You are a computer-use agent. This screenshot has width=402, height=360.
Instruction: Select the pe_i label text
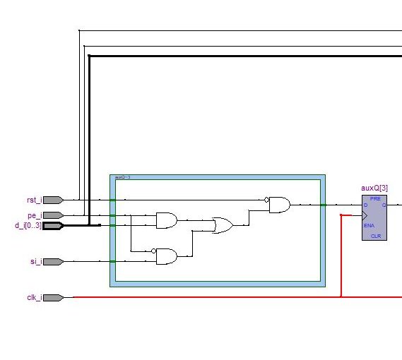pyautogui.click(x=34, y=215)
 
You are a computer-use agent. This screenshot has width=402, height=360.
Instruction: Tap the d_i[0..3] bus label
pyautogui.click(x=28, y=226)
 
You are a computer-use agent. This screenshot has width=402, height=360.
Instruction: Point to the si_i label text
pyautogui.click(x=35, y=261)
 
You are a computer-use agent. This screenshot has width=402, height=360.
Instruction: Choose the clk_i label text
pyautogui.click(x=33, y=297)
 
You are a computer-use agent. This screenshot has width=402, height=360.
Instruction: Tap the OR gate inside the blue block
pyautogui.click(x=223, y=226)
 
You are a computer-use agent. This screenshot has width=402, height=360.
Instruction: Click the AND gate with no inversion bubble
pyautogui.click(x=167, y=221)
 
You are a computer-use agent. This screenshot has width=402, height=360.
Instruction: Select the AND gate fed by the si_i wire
pyautogui.click(x=167, y=256)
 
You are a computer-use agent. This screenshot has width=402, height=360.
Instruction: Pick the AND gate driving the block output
pyautogui.click(x=279, y=205)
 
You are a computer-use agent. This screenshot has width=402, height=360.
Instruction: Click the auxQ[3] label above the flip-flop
pyautogui.click(x=374, y=188)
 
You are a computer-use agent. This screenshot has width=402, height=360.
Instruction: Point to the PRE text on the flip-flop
pyautogui.click(x=374, y=199)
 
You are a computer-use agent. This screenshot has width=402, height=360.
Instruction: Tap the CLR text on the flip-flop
pyautogui.click(x=374, y=236)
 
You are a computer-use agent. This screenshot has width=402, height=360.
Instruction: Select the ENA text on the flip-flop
pyautogui.click(x=369, y=225)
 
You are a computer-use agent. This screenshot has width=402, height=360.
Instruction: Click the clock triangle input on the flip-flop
pyautogui.click(x=365, y=215)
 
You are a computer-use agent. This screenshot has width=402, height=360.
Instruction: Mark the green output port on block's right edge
pyautogui.click(x=322, y=205)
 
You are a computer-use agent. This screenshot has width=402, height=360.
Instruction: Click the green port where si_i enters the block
pyautogui.click(x=112, y=261)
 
